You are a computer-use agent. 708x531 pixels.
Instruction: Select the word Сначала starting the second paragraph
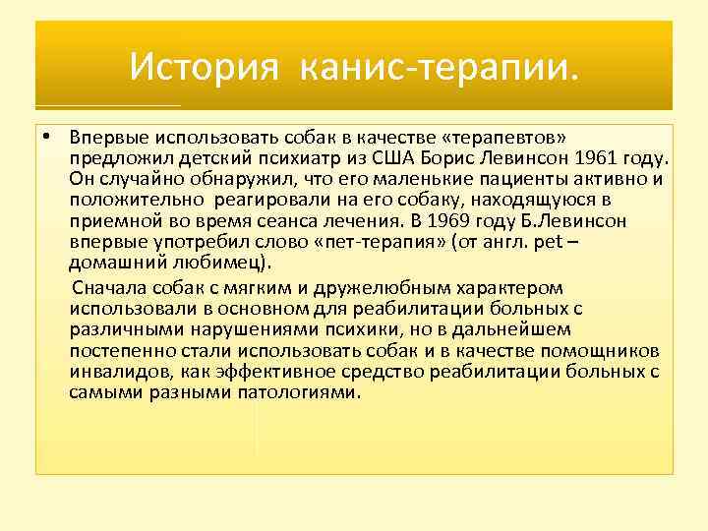click(109, 288)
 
